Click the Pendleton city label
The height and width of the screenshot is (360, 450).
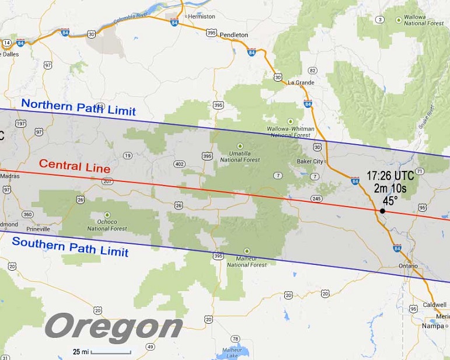[x=234, y=35]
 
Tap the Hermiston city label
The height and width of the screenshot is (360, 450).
[x=201, y=16]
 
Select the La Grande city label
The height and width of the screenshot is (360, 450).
[x=301, y=82]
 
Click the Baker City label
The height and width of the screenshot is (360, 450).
[x=309, y=161]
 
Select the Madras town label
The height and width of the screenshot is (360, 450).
[x=10, y=176]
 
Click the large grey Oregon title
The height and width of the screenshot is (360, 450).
[x=114, y=327]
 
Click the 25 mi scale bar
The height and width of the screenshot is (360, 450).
[x=110, y=352]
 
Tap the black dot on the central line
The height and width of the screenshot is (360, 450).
[x=382, y=211]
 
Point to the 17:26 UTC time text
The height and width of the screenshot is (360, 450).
[x=390, y=175]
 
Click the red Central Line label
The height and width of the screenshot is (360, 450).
[x=74, y=166]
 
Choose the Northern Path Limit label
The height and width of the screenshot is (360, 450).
[x=78, y=107]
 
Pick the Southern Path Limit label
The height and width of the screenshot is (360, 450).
[x=70, y=247]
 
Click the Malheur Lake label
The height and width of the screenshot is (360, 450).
[x=228, y=352]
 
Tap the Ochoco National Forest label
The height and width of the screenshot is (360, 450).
[x=106, y=225]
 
